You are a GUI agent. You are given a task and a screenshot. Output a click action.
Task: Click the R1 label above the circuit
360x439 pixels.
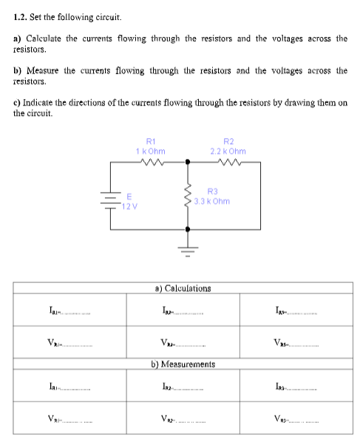151,140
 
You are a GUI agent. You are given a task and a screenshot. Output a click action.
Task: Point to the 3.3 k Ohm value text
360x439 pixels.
212,201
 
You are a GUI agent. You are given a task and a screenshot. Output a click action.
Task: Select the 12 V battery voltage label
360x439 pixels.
129,206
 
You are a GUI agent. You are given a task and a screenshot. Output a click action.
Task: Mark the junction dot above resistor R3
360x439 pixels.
188,161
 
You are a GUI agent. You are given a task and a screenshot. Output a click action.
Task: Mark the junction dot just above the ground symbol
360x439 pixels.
188,230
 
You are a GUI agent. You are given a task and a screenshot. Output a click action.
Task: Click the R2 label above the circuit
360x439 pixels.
228,140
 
